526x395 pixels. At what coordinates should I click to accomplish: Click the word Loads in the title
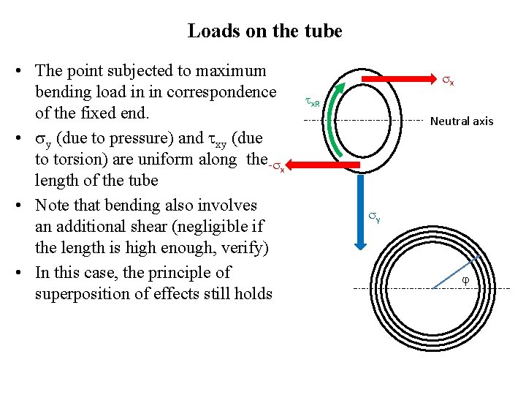point(210,31)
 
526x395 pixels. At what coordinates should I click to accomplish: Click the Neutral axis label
point(461,121)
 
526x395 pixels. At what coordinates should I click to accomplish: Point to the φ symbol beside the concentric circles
point(465,281)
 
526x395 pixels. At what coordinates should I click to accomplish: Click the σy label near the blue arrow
point(373,217)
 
